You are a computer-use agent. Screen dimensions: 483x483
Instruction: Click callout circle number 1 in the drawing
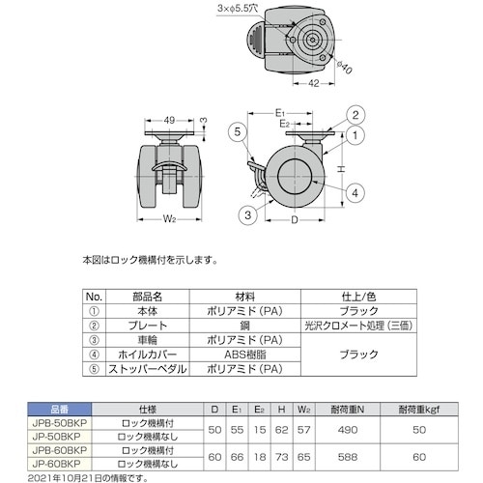355,136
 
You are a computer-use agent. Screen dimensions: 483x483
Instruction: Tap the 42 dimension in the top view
313,83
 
